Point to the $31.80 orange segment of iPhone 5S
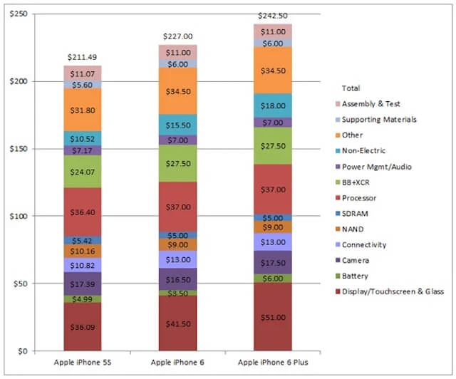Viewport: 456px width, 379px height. tap(82, 110)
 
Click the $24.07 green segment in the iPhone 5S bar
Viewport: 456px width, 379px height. tap(82, 171)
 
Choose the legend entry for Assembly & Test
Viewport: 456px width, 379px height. tap(370, 103)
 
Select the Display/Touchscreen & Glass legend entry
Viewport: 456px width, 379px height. tap(393, 291)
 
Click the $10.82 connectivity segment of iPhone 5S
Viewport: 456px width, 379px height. tap(82, 264)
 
